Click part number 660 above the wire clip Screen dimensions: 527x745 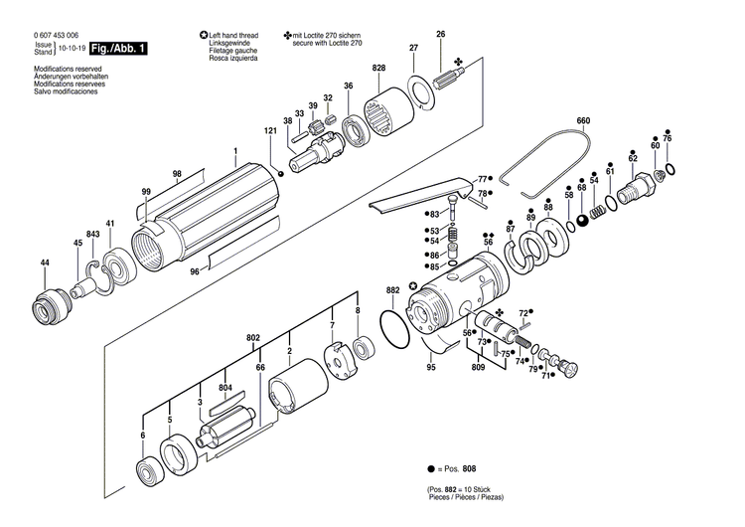coord(583,121)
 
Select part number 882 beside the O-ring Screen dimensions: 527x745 coord(392,290)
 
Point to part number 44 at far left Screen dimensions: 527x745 coord(44,263)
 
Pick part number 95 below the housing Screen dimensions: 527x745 coord(431,368)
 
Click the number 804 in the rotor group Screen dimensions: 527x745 coord(225,387)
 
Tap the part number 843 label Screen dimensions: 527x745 coord(92,234)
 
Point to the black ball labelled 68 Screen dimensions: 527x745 coord(582,219)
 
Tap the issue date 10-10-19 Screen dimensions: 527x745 coord(70,48)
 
